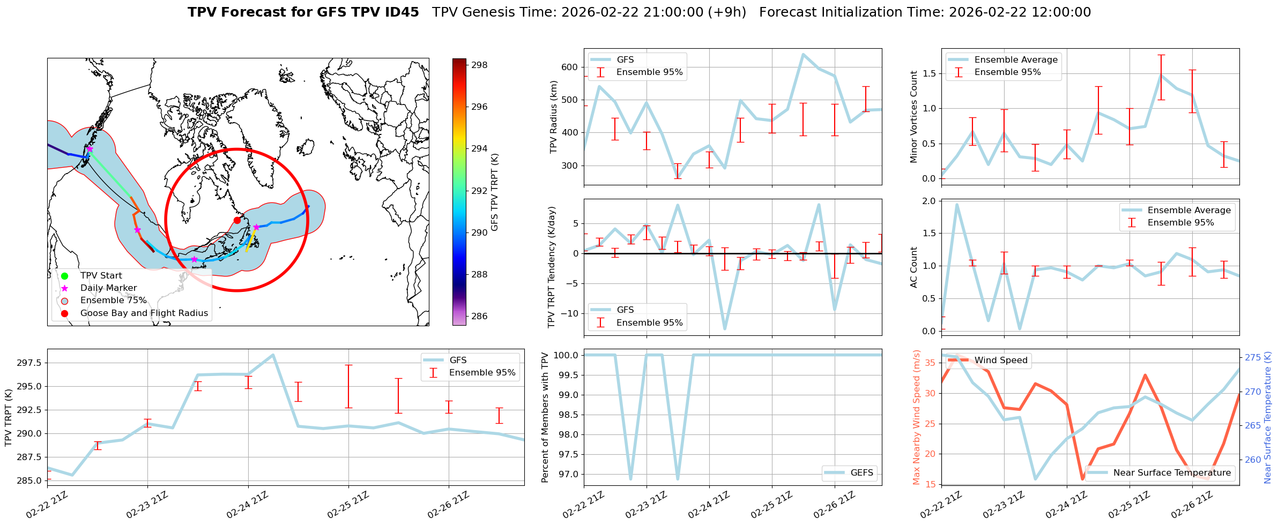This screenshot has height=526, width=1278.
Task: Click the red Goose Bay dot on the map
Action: tap(237, 220)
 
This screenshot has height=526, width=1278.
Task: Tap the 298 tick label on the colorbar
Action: tap(479, 65)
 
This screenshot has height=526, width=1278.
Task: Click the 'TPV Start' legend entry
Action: tap(101, 276)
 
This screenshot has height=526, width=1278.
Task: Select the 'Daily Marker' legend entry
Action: tap(108, 288)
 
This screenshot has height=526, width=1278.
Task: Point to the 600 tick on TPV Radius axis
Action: tap(570, 67)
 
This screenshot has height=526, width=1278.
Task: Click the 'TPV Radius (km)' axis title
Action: tap(554, 117)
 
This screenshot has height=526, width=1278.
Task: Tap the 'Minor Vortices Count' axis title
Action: tap(913, 117)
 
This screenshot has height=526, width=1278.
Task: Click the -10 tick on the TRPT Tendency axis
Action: tap(569, 313)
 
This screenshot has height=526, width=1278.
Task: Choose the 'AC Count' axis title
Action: tap(913, 267)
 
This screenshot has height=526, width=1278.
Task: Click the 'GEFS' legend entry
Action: tap(861, 472)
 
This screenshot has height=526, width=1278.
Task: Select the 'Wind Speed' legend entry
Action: tap(1000, 360)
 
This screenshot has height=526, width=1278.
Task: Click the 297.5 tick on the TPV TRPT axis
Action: tap(31, 363)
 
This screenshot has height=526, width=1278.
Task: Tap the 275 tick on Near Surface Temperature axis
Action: tap(1253, 357)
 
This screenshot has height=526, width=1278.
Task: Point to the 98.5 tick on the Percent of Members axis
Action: tap(567, 415)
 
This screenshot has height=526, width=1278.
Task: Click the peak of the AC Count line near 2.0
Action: tap(957, 204)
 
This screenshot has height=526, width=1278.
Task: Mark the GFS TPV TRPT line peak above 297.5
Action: tap(273, 355)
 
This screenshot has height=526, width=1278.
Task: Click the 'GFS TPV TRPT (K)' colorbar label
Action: tap(494, 192)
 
